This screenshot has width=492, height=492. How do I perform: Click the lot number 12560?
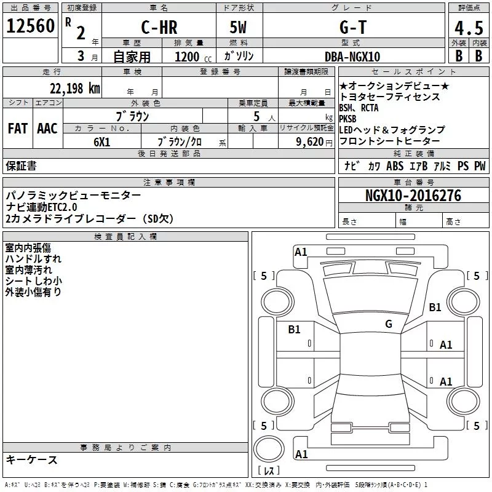[30, 26]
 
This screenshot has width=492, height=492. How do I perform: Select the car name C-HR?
[159, 27]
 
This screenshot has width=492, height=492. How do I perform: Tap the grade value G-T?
[353, 27]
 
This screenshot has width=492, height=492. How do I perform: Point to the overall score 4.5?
[469, 28]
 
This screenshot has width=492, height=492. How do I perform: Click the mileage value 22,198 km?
[75, 89]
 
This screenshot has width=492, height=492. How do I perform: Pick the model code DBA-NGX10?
[352, 57]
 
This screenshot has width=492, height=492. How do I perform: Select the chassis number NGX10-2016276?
[413, 196]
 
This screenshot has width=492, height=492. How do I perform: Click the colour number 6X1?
[102, 142]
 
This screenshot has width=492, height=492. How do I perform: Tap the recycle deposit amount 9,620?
[310, 142]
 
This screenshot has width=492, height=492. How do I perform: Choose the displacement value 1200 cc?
[193, 57]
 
